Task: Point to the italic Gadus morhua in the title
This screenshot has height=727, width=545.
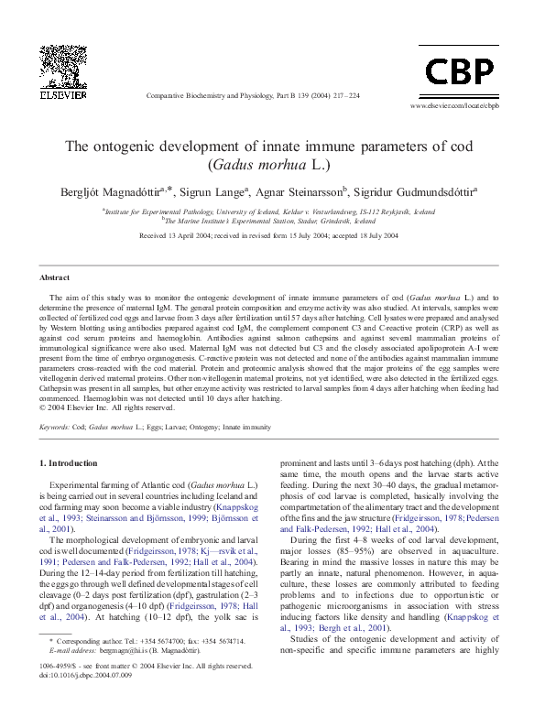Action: click(x=261, y=166)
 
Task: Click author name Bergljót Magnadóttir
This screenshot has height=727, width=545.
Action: click(x=125, y=192)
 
